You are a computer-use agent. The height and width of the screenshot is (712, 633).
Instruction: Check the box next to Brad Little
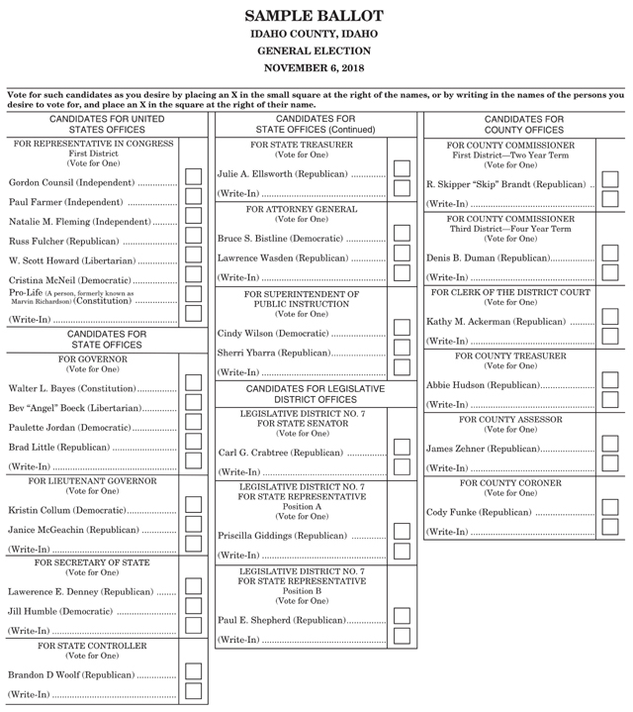coord(193,446)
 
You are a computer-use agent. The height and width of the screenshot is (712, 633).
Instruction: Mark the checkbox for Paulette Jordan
coord(193,426)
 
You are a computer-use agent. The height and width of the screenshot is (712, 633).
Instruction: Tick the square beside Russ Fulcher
coord(193,240)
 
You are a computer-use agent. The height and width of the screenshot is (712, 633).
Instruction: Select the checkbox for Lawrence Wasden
coord(402,256)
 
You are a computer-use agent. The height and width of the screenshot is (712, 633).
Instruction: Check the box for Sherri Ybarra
coord(402,351)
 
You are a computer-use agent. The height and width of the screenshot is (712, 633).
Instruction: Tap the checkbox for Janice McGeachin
coord(193,528)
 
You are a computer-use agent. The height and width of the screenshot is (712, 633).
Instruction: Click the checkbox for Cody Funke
coord(610,511)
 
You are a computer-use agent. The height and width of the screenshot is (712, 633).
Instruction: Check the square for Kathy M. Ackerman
coord(610,320)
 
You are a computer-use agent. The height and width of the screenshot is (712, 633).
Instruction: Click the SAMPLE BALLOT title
coord(316,16)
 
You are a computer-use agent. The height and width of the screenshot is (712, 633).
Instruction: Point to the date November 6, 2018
coord(316,67)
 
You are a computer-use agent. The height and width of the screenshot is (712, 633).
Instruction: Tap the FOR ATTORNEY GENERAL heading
coord(302,209)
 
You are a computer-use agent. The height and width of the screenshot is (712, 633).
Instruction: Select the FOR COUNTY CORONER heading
coord(510,482)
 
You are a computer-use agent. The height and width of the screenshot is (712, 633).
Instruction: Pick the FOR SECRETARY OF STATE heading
coord(91,562)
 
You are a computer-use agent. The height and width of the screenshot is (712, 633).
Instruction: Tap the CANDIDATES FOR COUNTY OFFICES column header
coord(524,124)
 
